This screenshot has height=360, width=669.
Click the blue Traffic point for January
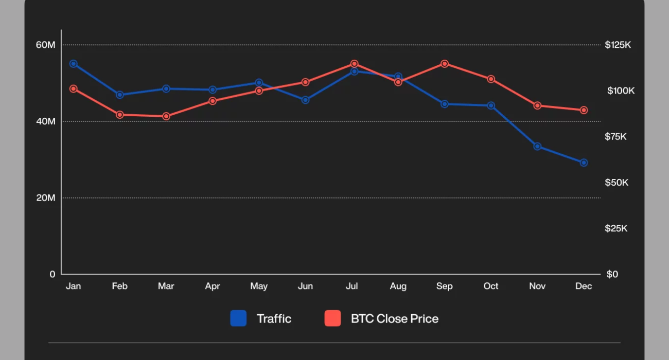coord(74,64)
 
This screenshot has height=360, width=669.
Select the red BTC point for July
coord(354,64)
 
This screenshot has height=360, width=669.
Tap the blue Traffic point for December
coord(584,163)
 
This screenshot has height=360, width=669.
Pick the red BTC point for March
coord(166,116)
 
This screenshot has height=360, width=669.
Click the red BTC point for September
coord(445,64)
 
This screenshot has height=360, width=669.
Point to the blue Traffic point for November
coord(537,147)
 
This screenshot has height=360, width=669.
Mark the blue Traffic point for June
coord(305,100)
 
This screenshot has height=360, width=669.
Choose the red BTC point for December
coord(584,110)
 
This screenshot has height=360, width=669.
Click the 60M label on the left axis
coord(45,45)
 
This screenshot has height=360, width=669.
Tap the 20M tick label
coord(45,198)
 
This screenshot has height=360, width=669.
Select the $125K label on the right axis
coord(618,45)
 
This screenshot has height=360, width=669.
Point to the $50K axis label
coord(617,183)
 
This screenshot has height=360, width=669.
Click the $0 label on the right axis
coord(612,274)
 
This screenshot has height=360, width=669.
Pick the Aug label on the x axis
coord(398,286)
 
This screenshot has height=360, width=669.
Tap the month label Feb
coord(119,286)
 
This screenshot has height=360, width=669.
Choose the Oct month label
coord(491,286)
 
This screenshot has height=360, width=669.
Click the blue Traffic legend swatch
coord(238,318)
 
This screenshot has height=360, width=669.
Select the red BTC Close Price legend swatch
coord(332,318)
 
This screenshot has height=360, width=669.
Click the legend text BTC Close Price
coord(395,319)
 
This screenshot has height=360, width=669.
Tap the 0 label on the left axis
coord(52,274)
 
